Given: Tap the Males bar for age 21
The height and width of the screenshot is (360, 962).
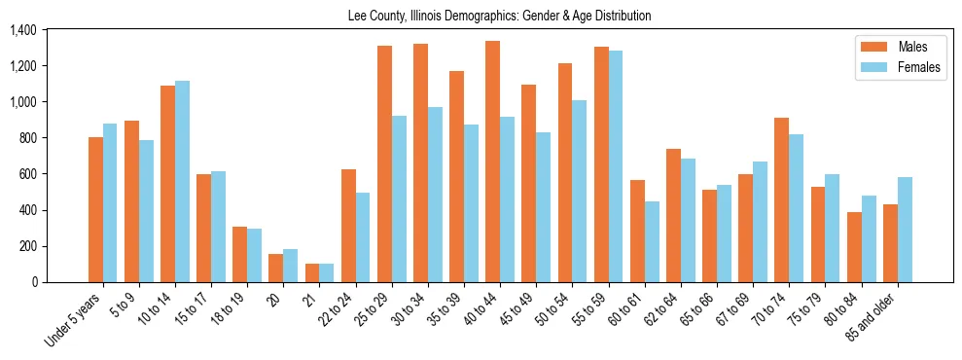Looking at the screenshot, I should pyautogui.click(x=312, y=272).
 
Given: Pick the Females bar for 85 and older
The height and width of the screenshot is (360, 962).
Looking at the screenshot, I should pyautogui.click(x=905, y=230).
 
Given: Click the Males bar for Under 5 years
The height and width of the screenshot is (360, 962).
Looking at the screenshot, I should pyautogui.click(x=95, y=209).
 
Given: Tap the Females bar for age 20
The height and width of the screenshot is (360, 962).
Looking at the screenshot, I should pyautogui.click(x=290, y=266).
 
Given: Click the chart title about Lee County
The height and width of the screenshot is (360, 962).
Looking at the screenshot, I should pyautogui.click(x=499, y=17).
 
